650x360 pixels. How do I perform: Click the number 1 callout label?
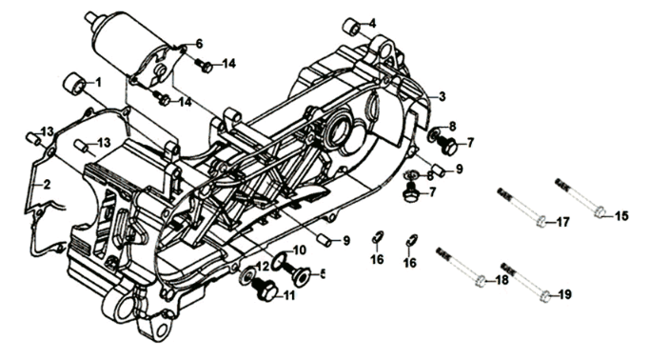tap(98, 83)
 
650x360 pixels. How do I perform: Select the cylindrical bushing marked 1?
tap(74, 84)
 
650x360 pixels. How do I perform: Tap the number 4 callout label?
tap(373, 23)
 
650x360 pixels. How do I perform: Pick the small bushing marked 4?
tap(352, 27)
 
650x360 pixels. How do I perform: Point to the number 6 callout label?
tap(199, 43)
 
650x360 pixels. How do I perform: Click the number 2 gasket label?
tap(47, 184)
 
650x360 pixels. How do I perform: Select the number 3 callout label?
tap(443, 96)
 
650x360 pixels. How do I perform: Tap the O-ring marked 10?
tap(279, 261)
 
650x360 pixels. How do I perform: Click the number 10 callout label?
tap(299, 250)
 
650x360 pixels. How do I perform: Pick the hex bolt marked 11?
tap(265, 290)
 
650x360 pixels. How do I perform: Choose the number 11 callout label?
tap(289, 295)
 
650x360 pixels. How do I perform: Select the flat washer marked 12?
tap(247, 276)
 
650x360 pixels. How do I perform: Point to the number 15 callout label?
tap(621, 215)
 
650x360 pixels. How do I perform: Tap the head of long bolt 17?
tap(542, 221)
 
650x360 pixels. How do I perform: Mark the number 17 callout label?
tap(563, 222)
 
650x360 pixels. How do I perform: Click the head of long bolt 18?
tap(481, 280)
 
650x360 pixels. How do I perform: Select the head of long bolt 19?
tap(546, 295)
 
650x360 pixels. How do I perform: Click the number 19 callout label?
tap(564, 295)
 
